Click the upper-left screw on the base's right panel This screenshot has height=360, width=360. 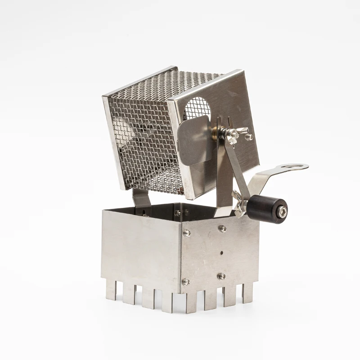pos(186,233)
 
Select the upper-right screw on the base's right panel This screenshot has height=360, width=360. pos(222,229)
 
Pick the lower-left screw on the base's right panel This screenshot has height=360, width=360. pos(185,282)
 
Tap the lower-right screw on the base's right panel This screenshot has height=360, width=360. pos(221,276)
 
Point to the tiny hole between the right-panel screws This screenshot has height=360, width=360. pos(221,252)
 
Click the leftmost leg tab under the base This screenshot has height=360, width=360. pos(111,290)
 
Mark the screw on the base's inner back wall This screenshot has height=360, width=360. pos(178,213)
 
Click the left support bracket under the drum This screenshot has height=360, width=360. pos(141,198)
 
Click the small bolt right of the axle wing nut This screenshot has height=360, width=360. pos(249,137)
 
